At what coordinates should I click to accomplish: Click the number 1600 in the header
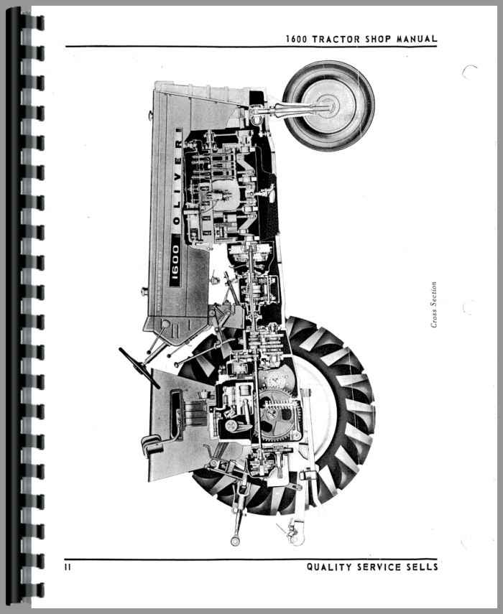click(x=297, y=39)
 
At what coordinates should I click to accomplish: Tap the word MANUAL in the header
click(x=417, y=39)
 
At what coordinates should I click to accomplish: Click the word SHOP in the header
click(x=378, y=39)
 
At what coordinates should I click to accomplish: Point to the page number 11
click(x=68, y=567)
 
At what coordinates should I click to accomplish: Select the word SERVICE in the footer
click(x=379, y=567)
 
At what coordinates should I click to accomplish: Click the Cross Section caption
click(x=433, y=304)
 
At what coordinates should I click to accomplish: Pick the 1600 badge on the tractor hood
click(x=175, y=261)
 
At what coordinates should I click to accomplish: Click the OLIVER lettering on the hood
click(x=177, y=176)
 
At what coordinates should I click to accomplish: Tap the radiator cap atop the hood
click(x=150, y=115)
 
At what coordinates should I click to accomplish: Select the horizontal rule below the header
click(x=251, y=47)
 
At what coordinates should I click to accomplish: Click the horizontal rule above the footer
click(x=251, y=559)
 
